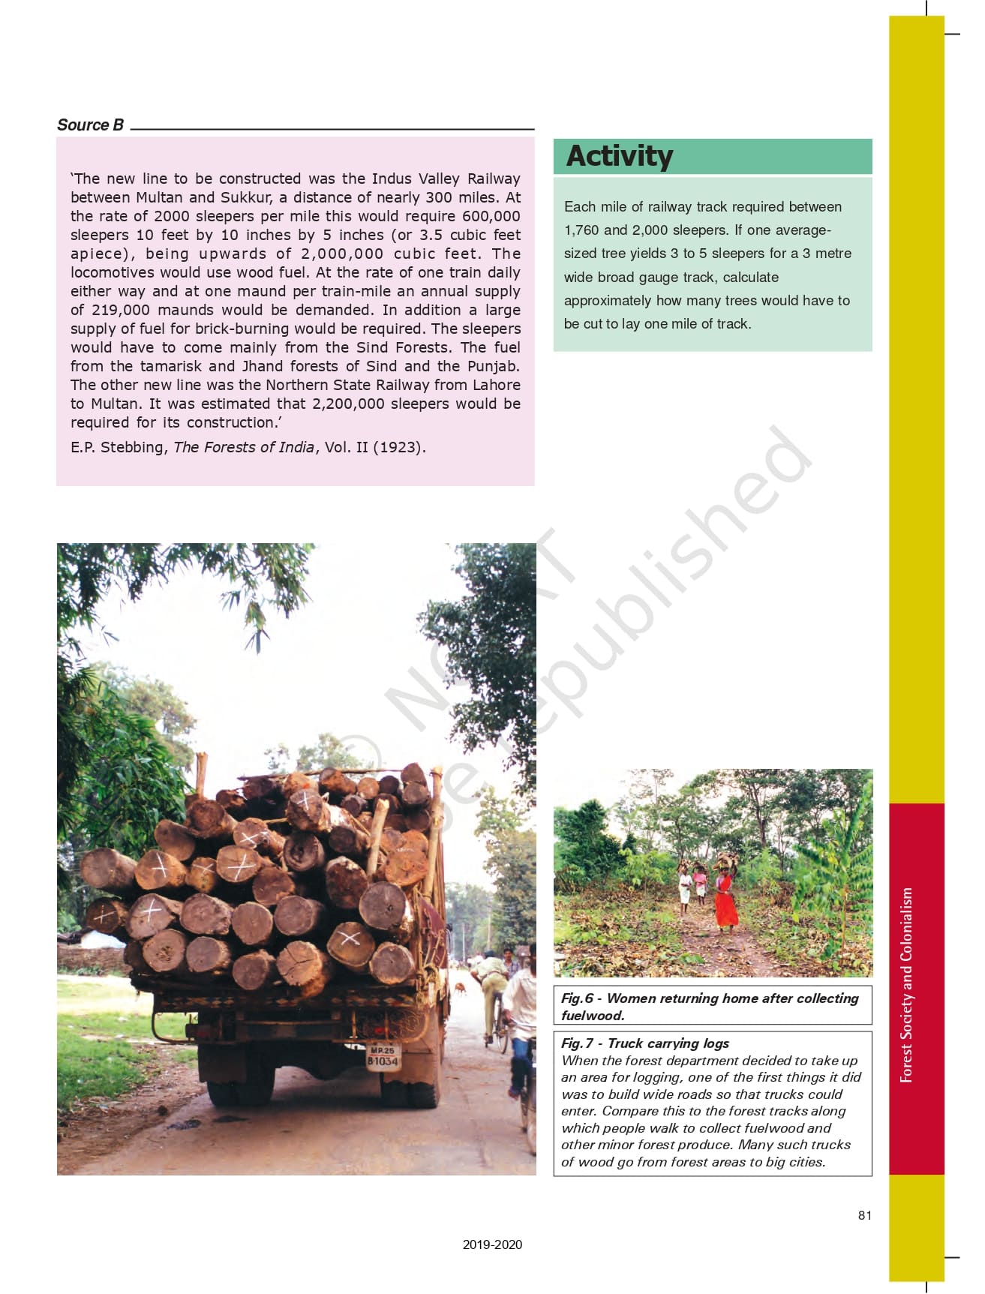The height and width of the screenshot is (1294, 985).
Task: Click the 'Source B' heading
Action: pos(90,125)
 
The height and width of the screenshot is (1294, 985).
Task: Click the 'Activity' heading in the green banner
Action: pos(620,156)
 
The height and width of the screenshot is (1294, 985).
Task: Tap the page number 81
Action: pos(865,1215)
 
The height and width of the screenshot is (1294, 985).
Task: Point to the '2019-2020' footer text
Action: pos(492,1244)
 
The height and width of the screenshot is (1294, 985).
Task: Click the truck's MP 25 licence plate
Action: pos(383,1056)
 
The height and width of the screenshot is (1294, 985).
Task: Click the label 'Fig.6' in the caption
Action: pos(577,998)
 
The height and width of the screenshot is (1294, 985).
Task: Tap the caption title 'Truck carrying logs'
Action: pos(668,1043)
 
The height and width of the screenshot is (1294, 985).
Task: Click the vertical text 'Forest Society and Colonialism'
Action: pos(907,985)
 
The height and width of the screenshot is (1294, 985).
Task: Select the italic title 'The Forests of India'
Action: pos(244,448)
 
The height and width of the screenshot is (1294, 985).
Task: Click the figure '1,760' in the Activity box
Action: pos(581,230)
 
